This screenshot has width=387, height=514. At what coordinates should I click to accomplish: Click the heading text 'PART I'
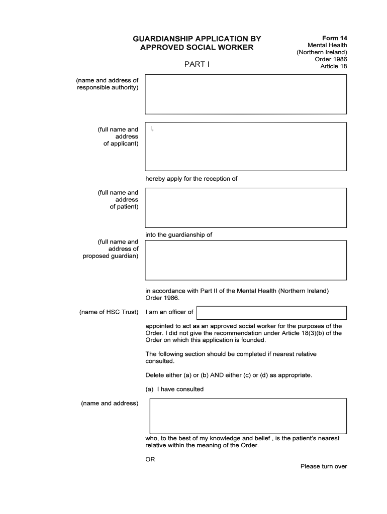point(197,65)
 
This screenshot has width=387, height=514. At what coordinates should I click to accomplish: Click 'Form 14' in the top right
point(334,38)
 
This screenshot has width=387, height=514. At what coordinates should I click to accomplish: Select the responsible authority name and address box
point(246,94)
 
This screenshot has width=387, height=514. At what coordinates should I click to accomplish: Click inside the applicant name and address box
point(246,147)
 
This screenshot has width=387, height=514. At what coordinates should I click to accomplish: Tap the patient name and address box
point(246,207)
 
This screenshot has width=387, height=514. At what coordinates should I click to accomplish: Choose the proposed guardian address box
point(246,260)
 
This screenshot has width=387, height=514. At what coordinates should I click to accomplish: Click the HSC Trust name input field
point(271,312)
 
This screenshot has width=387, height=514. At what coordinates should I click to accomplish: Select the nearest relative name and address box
point(248,415)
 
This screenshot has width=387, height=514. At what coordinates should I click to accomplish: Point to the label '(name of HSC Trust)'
point(109,312)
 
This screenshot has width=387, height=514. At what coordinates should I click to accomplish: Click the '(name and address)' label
point(110,403)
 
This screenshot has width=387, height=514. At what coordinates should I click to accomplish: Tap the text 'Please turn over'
point(324,466)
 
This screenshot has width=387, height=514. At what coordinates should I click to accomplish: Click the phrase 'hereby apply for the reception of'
point(191,179)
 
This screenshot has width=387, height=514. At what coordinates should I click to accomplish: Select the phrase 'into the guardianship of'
point(179,234)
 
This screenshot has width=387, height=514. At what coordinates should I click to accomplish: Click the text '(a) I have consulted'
point(174,389)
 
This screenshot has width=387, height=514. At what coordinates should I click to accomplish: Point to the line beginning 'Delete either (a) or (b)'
point(229,375)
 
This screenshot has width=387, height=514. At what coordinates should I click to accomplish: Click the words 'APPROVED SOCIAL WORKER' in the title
point(197,48)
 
